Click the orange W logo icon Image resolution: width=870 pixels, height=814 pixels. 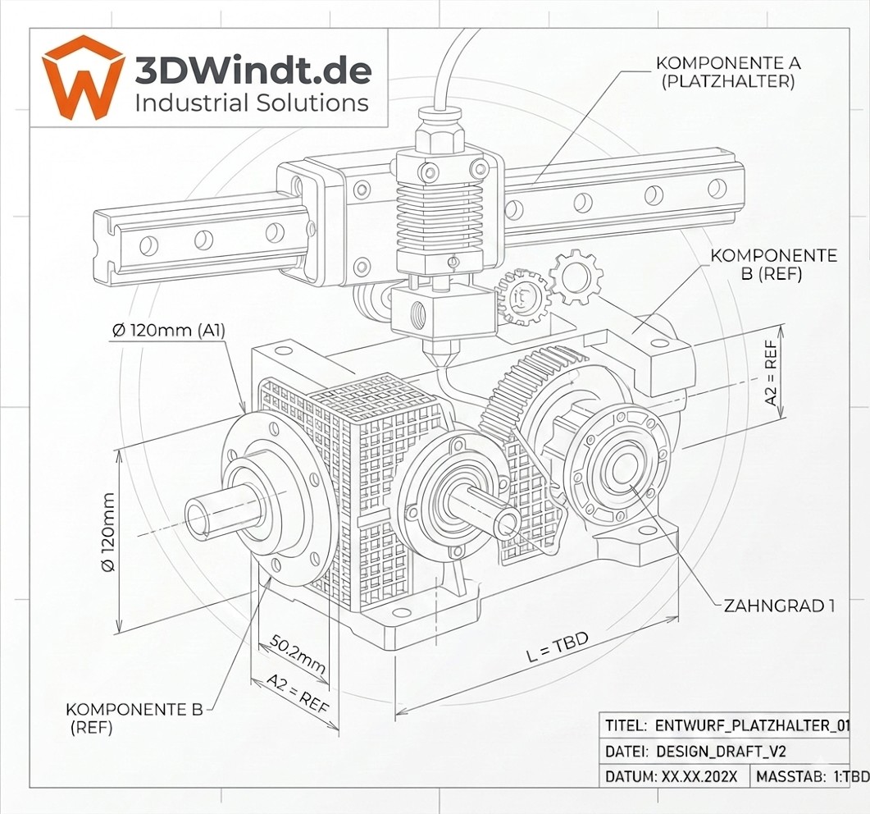click(83, 78)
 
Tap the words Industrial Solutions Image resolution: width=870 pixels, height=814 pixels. click(252, 103)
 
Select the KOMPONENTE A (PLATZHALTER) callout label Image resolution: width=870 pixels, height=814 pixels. click(728, 71)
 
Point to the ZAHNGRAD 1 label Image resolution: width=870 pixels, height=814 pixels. click(779, 606)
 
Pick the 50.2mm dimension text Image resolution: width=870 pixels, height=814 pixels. click(298, 653)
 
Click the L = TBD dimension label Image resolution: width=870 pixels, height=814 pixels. click(557, 647)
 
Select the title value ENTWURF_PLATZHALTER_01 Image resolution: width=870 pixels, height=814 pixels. click(753, 725)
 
